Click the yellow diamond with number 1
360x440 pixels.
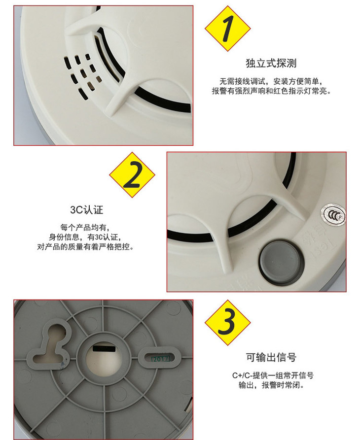(227, 29)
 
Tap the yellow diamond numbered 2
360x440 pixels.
(132, 175)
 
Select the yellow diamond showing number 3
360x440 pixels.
(227, 322)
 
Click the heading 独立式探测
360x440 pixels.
(271, 63)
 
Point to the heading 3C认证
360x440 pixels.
(87, 210)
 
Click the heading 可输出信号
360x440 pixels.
(271, 357)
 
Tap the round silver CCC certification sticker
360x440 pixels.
(333, 215)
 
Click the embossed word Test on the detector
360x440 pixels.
(326, 245)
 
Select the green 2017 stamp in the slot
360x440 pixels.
(160, 359)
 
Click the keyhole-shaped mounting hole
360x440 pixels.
(50, 345)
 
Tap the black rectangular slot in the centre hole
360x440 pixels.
(105, 349)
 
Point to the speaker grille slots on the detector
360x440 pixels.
(82, 76)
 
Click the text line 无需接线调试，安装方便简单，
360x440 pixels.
(271, 81)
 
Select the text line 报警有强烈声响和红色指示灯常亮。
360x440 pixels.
(271, 91)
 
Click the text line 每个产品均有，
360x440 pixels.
(85, 227)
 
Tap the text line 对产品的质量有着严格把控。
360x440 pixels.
(85, 247)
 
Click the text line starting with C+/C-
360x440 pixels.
(273, 375)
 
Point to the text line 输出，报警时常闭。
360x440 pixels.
(271, 385)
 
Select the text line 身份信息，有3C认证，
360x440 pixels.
(85, 237)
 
